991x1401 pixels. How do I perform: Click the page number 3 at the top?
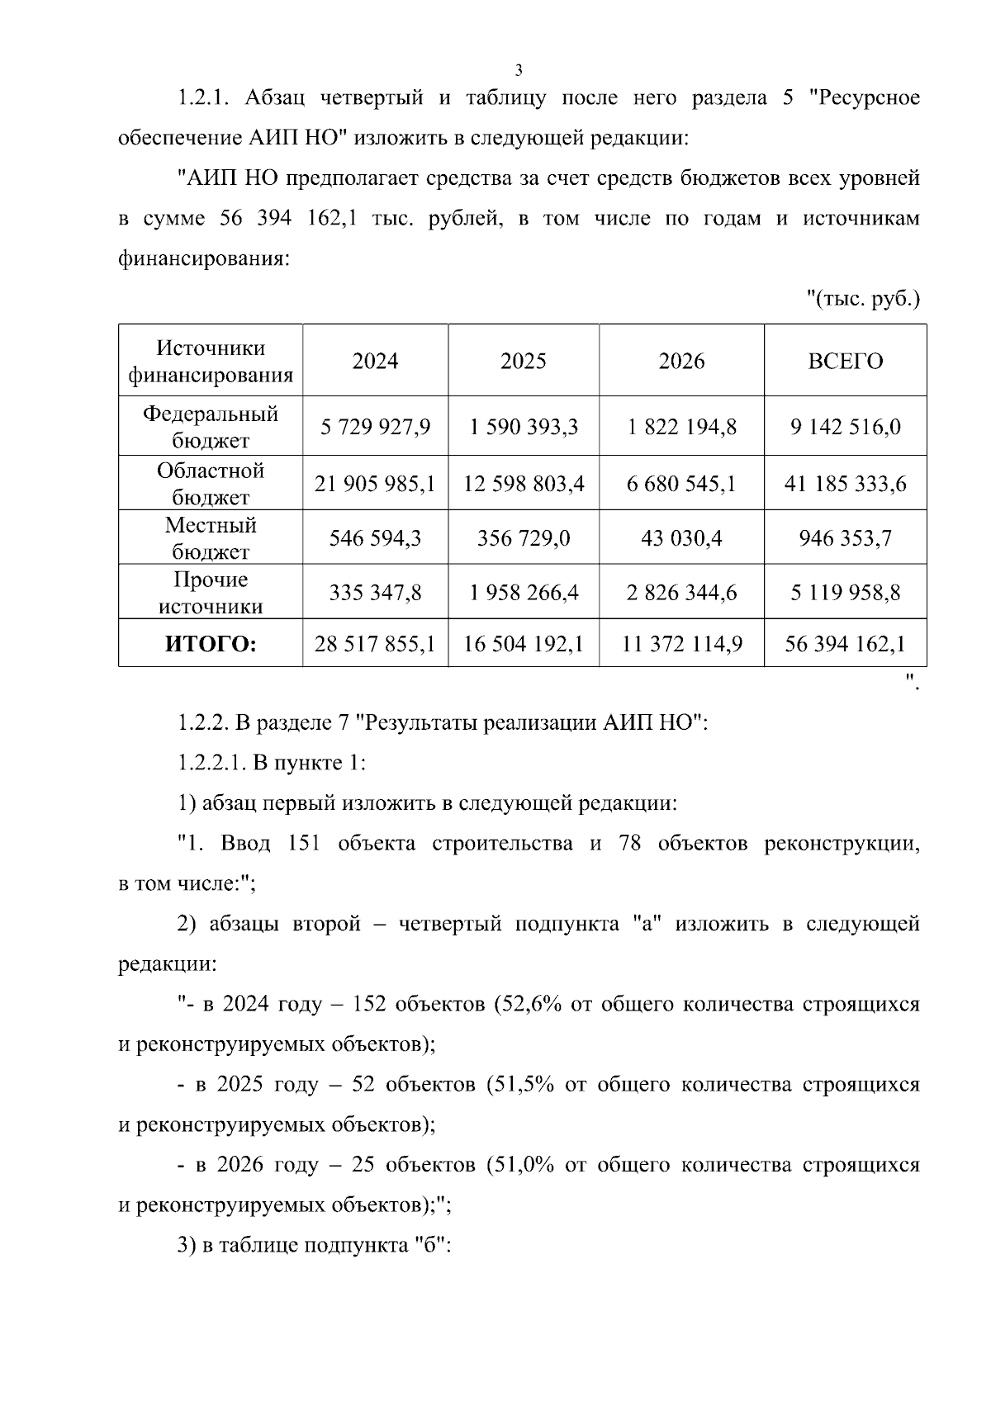click(x=519, y=69)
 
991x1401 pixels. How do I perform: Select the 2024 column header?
click(x=375, y=362)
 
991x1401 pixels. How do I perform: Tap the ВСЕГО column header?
click(x=845, y=362)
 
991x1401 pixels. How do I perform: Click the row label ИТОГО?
click(x=211, y=644)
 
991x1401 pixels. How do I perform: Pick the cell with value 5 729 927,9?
click(x=375, y=427)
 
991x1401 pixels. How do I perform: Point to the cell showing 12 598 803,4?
click(x=524, y=483)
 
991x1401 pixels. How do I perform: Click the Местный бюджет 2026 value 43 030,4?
click(x=681, y=538)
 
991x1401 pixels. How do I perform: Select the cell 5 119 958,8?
click(x=845, y=593)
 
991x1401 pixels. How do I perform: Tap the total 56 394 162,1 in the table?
click(x=845, y=644)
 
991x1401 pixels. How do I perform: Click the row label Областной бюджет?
click(x=211, y=483)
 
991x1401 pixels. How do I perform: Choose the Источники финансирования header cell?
click(x=211, y=362)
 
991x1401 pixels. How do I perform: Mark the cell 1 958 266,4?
click(x=524, y=593)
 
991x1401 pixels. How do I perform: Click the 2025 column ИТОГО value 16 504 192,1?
click(x=524, y=644)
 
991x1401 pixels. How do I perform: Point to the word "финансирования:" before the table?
click(x=204, y=258)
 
